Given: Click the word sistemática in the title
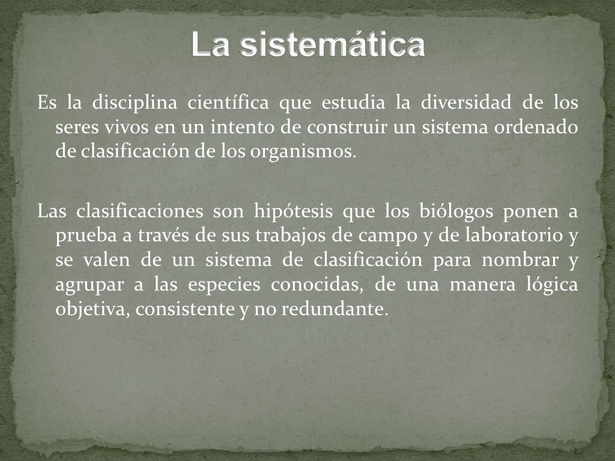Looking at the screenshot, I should (x=333, y=44).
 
